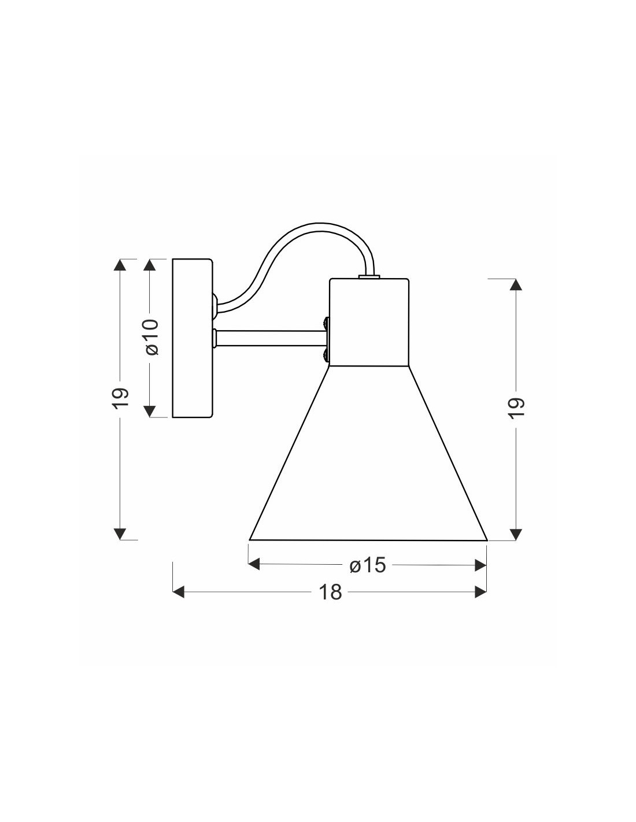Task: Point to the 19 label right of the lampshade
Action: pos(516,408)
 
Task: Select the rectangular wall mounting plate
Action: pos(192,338)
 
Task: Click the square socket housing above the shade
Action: pos(369,323)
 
